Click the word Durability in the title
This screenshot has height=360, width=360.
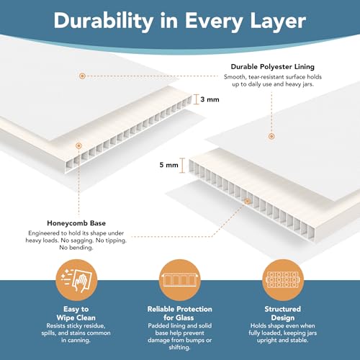pyautogui.click(x=104, y=22)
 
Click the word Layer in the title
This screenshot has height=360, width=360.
pyautogui.click(x=278, y=22)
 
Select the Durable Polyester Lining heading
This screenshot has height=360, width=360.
pyautogui.click(x=273, y=67)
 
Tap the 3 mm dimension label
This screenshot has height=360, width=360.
pyautogui.click(x=210, y=99)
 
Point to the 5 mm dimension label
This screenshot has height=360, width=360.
pyautogui.click(x=169, y=165)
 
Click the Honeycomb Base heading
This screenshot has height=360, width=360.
pyautogui.click(x=76, y=223)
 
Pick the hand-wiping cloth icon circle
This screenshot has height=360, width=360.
pyautogui.click(x=76, y=280)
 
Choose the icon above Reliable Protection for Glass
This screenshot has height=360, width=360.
pyautogui.click(x=180, y=280)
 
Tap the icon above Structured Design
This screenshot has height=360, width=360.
pyautogui.click(x=283, y=280)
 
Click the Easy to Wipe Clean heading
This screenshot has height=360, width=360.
pyautogui.click(x=76, y=313)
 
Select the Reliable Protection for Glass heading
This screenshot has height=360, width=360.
pyautogui.click(x=179, y=313)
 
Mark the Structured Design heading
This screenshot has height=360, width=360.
pyautogui.click(x=283, y=313)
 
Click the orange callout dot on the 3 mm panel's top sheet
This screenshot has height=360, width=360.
pyautogui.click(x=82, y=76)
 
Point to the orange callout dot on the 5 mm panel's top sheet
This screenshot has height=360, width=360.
pyautogui.click(x=271, y=136)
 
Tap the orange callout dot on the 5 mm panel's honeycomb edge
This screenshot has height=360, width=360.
pyautogui.click(x=248, y=201)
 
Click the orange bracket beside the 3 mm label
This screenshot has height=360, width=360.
pyautogui.click(x=197, y=99)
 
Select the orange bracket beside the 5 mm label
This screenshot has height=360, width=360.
pyautogui.click(x=182, y=166)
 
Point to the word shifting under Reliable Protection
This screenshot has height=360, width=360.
pyautogui.click(x=179, y=348)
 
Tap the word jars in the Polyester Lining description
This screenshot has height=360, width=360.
pyautogui.click(x=307, y=84)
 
